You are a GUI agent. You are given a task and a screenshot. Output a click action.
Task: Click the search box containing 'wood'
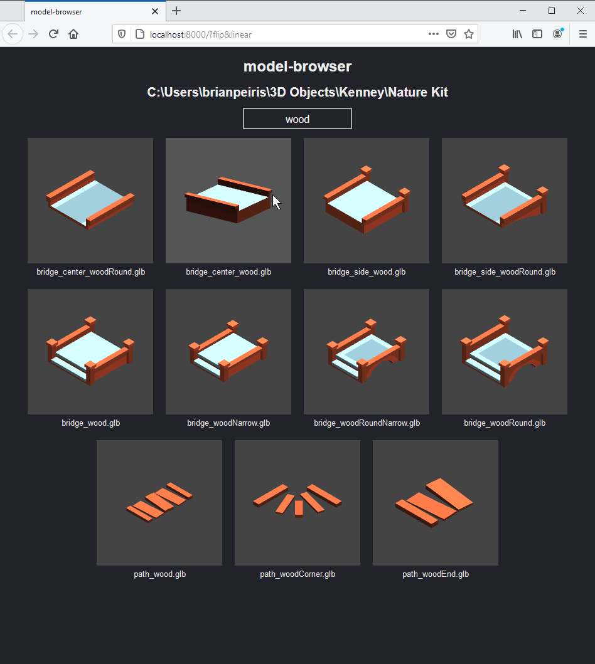point(297,119)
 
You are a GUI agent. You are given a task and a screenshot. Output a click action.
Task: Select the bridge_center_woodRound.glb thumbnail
point(90,201)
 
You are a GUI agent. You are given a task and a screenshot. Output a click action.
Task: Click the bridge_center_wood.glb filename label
point(228,272)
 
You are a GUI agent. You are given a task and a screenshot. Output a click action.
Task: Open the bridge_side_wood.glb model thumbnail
point(367,201)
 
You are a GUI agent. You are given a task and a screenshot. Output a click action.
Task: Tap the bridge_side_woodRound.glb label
point(505,272)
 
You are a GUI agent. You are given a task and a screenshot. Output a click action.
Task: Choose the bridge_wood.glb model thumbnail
point(90,352)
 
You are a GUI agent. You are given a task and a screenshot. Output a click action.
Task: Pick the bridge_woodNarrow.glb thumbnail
point(228,352)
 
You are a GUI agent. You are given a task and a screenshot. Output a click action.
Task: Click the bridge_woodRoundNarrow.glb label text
point(367,423)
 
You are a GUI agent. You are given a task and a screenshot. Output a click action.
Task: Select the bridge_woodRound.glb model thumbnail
point(505,352)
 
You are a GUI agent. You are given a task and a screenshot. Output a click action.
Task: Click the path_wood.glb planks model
point(159,502)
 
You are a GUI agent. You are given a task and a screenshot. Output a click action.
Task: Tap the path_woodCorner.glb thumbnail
point(297,502)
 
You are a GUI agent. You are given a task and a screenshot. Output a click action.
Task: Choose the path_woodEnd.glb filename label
point(436,574)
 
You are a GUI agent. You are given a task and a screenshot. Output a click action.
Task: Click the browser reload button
point(53,34)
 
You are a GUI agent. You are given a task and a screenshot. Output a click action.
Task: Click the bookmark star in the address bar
point(468,34)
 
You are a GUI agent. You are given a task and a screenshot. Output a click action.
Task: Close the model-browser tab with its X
point(155,11)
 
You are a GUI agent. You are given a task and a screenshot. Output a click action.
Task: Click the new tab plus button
point(176,11)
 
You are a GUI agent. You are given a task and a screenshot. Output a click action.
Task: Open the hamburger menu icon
point(582,34)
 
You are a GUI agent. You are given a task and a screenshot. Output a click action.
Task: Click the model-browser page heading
point(297,66)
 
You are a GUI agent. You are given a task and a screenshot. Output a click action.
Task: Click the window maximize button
point(552,11)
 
